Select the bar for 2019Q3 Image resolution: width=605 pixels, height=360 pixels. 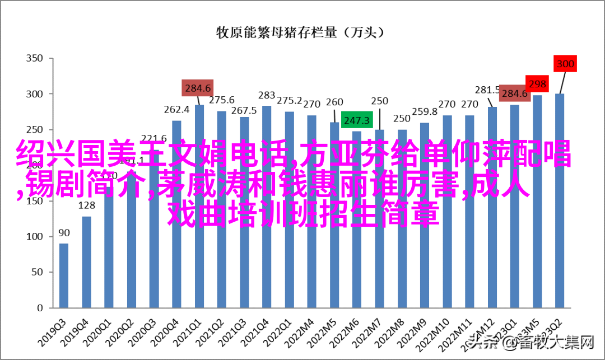coord(64,275)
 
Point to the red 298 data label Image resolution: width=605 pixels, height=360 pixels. coord(537,84)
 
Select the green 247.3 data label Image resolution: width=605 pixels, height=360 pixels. coord(356,120)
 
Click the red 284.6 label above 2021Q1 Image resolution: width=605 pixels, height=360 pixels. coord(198,88)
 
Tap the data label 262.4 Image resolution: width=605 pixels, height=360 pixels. coord(176,110)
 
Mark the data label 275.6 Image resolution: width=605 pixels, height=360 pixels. coord(222,100)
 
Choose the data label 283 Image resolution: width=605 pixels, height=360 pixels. coord(267,95)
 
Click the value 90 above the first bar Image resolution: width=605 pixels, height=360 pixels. coord(64,232)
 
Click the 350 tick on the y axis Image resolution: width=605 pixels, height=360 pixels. coord(35,58)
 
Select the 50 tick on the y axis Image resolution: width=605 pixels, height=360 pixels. coord(37,272)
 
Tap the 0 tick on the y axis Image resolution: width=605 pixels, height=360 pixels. coord(40,307)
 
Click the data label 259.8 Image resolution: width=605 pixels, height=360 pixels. coord(425,112)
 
